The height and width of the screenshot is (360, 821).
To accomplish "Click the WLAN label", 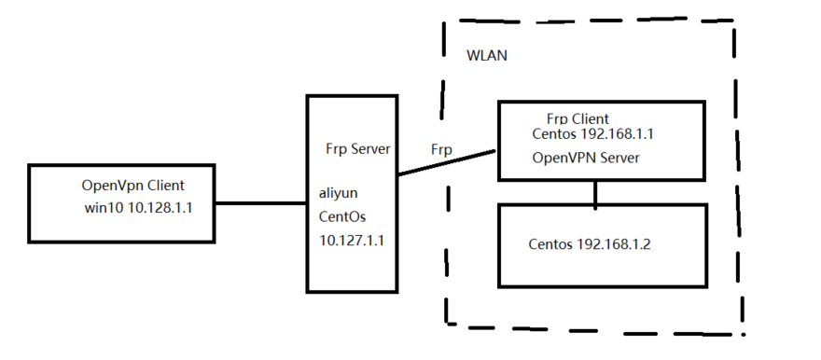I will (486, 55).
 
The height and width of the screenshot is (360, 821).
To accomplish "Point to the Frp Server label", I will (356, 149).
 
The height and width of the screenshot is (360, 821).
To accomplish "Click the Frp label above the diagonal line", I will (441, 149).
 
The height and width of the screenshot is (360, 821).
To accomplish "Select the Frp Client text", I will (577, 119).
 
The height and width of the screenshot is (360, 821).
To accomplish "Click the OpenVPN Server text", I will (585, 158).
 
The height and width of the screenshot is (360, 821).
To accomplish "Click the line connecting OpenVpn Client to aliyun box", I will (262, 201).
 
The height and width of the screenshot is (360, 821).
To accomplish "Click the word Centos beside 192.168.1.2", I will (550, 245).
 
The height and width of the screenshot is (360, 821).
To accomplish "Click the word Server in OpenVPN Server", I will (619, 158).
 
